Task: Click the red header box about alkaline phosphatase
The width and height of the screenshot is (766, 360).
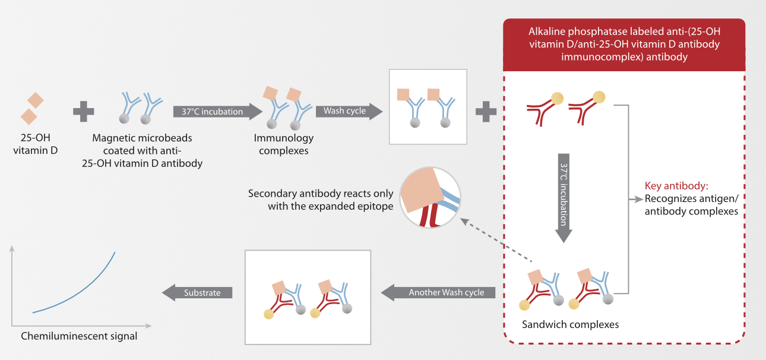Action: [x=623, y=45]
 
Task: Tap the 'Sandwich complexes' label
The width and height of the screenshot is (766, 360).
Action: [x=570, y=324]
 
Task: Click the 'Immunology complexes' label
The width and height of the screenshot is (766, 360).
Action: [x=284, y=144]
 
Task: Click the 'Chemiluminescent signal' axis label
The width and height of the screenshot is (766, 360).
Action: [x=79, y=336]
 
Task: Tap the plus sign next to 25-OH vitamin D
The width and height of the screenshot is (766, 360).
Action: [x=84, y=112]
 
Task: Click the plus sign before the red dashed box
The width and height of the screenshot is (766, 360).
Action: [x=486, y=112]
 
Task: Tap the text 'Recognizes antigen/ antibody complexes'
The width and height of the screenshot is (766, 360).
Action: [x=691, y=205]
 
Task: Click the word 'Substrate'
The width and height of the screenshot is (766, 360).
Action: [x=202, y=292]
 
